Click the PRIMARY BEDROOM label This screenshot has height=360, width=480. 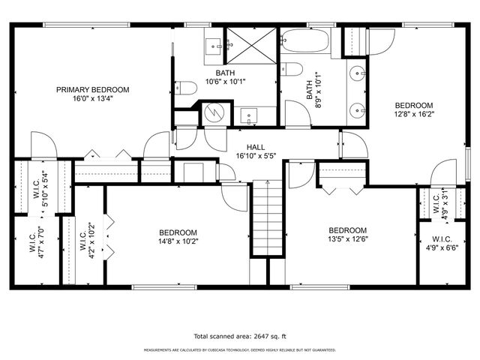[x=92, y=89]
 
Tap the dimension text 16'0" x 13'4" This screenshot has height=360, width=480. [x=92, y=98]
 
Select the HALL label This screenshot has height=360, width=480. [x=256, y=148]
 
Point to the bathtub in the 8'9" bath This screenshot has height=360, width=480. [x=305, y=40]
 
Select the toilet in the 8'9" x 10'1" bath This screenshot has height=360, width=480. [x=293, y=70]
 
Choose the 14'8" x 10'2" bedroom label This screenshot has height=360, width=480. [x=178, y=237]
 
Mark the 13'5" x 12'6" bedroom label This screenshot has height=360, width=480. [x=348, y=235]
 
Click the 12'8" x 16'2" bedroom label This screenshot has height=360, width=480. [x=414, y=109]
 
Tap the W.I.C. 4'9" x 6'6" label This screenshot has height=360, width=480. [x=441, y=243]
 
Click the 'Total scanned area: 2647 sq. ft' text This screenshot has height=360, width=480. [x=239, y=337]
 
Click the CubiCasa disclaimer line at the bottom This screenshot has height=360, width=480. [x=239, y=349]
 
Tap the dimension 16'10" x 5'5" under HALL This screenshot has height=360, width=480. [x=256, y=157]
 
